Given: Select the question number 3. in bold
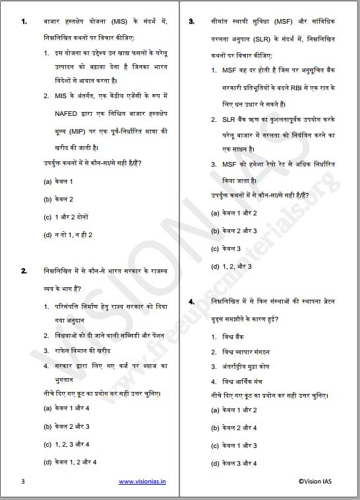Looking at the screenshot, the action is [x=191, y=22].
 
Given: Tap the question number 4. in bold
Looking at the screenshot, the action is [x=191, y=301].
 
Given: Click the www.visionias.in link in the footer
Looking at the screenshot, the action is [x=142, y=482].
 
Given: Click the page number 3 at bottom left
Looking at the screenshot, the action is [x=23, y=482].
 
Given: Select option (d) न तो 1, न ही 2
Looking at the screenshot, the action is [x=68, y=235].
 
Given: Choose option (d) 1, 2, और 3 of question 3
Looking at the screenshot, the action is [x=231, y=266].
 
